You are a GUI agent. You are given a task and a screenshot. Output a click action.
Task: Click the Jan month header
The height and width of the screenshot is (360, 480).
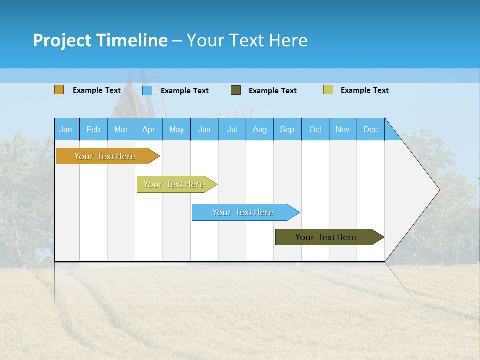point(66,129)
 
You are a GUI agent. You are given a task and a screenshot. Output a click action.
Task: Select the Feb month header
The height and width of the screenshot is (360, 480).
point(93,129)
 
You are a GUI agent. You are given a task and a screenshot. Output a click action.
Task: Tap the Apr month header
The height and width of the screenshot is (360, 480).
point(148,129)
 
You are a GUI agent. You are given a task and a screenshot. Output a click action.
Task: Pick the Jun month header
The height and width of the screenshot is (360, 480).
point(204,129)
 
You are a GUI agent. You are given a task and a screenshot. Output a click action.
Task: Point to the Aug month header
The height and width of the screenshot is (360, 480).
point(260,129)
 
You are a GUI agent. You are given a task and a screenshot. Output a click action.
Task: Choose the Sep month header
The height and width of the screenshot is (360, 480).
point(287,129)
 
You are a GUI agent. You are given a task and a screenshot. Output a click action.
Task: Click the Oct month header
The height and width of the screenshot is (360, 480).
point(315,129)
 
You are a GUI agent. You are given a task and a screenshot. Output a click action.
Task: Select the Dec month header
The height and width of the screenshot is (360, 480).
point(371,129)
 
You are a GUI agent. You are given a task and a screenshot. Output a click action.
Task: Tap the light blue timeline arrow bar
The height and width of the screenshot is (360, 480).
point(243,212)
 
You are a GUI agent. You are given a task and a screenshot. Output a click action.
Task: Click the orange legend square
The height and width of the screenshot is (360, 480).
point(59,90)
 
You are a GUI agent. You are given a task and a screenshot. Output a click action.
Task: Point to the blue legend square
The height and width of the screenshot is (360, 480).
point(147,90)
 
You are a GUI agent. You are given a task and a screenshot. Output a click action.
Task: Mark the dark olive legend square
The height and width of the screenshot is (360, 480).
point(236,90)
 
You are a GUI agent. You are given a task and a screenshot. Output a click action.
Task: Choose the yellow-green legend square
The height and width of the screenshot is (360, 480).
point(328,90)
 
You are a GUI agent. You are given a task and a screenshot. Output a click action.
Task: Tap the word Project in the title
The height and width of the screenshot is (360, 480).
point(62,40)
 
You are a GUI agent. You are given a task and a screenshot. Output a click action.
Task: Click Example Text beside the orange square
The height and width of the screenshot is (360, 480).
point(97,90)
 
